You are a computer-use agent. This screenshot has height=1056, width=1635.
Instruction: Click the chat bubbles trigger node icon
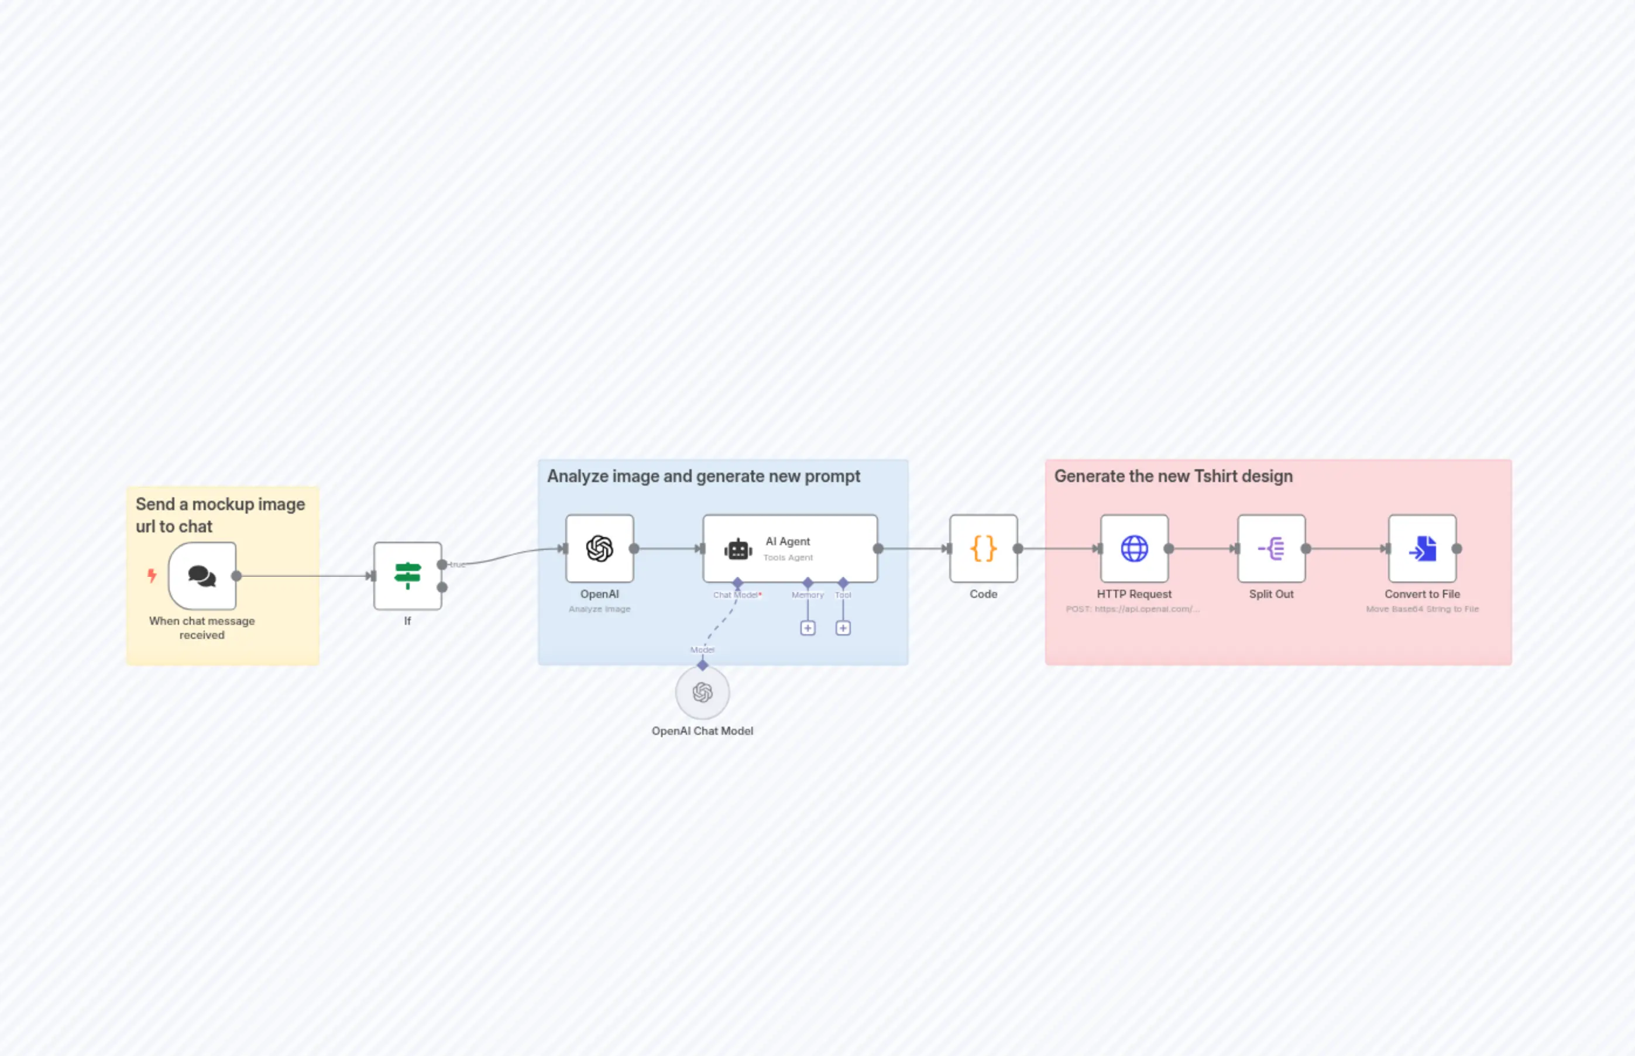tap(202, 576)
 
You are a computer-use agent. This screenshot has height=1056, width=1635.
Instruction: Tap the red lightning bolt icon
tap(152, 575)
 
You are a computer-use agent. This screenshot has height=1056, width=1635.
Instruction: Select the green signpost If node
tap(407, 576)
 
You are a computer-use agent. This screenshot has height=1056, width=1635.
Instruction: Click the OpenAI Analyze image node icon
tap(599, 549)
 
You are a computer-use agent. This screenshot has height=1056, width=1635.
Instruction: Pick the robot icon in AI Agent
tap(738, 549)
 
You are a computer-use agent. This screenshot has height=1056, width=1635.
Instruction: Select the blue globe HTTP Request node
tap(1133, 549)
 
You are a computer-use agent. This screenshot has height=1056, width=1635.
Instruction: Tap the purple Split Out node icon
tap(1271, 549)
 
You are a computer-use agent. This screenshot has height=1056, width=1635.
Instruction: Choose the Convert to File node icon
tap(1422, 549)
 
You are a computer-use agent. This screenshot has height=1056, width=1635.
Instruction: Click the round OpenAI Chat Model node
tap(702, 693)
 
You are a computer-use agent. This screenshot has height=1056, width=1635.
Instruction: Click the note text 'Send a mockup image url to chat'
tap(219, 515)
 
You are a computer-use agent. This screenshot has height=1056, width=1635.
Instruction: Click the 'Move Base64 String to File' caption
tap(1422, 609)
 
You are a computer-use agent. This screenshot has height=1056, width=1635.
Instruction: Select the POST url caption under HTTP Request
tap(1132, 609)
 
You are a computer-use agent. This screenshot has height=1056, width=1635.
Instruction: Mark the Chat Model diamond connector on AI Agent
tap(737, 583)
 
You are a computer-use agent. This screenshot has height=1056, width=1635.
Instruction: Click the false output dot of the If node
tap(442, 587)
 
